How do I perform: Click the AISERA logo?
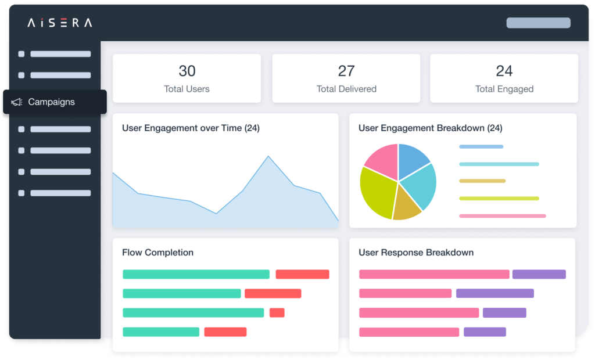(59, 23)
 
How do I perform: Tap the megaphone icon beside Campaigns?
(17, 102)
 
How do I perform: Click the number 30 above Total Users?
(187, 71)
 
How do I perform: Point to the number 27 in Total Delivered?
(346, 71)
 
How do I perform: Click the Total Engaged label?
(504, 89)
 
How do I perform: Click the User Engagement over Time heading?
(191, 128)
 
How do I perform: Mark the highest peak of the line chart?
(268, 156)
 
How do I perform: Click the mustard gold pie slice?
(406, 207)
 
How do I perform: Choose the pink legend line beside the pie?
(502, 216)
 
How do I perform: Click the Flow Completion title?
(157, 253)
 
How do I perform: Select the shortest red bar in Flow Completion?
(277, 312)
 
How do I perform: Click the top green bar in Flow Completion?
(196, 274)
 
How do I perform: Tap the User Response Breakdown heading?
(416, 253)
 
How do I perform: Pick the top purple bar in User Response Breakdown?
(539, 274)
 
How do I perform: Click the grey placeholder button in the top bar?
(538, 23)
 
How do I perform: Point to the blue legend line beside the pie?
(481, 147)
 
